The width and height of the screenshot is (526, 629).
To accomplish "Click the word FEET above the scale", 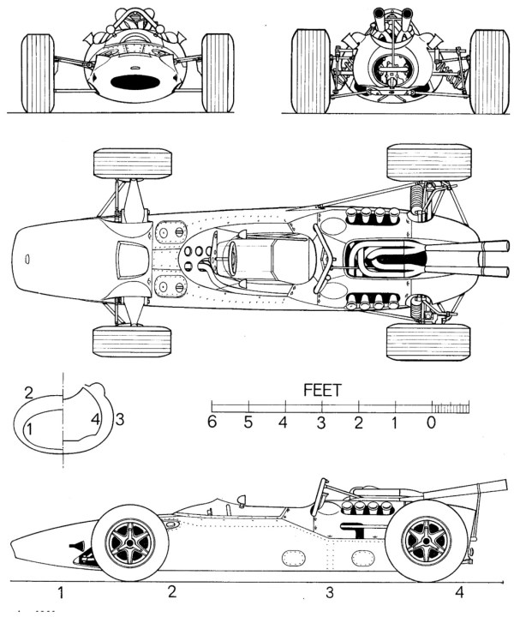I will tap(323, 390).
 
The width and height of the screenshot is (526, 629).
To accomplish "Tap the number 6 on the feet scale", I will tap(212, 422).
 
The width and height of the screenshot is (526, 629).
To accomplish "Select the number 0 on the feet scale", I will tap(432, 422).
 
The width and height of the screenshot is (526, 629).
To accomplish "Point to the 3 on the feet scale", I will tap(321, 422).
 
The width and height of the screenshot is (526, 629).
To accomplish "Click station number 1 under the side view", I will tap(61, 591).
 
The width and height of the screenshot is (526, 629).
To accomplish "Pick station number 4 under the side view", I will tap(459, 591).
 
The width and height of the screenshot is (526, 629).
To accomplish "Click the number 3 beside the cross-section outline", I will tap(120, 419).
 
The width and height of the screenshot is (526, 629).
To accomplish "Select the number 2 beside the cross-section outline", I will tap(28, 393).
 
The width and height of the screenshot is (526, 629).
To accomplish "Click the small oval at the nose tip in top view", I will tap(28, 256).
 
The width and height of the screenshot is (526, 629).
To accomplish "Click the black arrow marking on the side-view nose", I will tap(80, 547).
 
